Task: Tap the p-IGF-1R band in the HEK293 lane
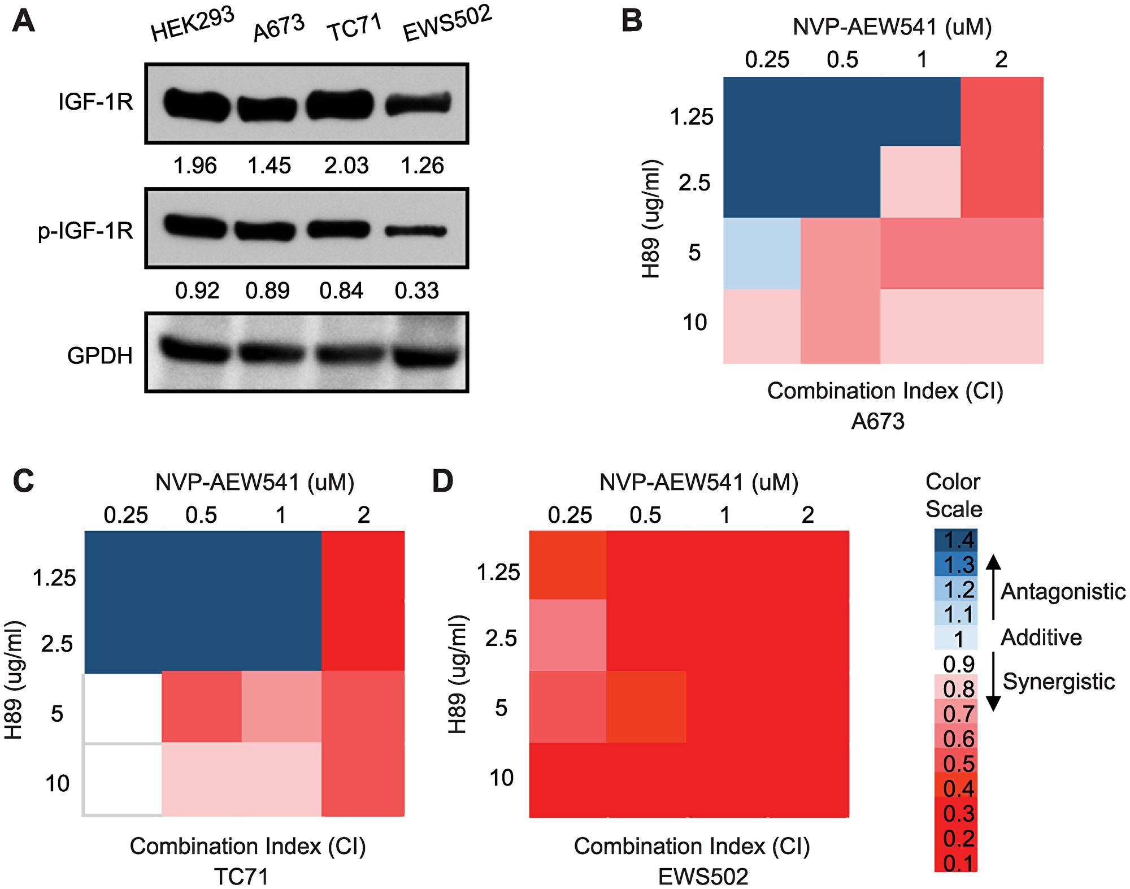(195, 227)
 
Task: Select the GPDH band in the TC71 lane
(342, 354)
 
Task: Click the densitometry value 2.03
(346, 166)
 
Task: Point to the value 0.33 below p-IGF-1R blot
(416, 291)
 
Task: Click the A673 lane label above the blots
(278, 28)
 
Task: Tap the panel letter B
(632, 21)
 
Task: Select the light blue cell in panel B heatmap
(762, 254)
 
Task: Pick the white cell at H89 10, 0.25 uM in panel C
(123, 779)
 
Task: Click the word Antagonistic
(1063, 592)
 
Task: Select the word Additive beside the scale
(1041, 638)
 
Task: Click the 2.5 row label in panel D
(501, 639)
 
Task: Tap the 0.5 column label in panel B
(842, 60)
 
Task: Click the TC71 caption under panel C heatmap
(241, 877)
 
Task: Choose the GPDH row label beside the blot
(100, 356)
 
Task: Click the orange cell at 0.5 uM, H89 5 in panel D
(646, 707)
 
